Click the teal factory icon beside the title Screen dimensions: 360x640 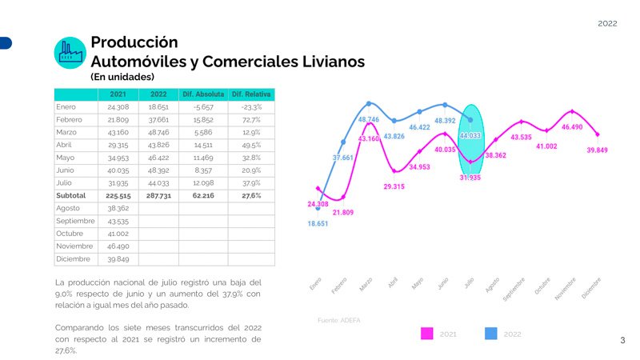click(70, 53)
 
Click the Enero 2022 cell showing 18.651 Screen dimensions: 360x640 click(158, 106)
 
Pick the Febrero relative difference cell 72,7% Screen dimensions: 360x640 click(250, 119)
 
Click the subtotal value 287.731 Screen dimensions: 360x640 click(158, 195)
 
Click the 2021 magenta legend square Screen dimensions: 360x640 click(427, 334)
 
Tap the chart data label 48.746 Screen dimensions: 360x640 click(368, 119)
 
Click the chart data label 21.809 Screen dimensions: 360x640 click(343, 212)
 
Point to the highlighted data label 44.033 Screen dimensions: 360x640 click(470, 136)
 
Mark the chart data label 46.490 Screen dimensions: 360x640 click(571, 127)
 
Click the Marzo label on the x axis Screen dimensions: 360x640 click(366, 285)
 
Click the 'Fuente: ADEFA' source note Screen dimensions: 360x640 click(338, 320)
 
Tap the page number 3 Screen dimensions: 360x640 click(622, 341)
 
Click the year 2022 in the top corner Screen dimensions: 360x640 click(607, 24)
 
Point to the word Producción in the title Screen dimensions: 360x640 click(134, 42)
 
